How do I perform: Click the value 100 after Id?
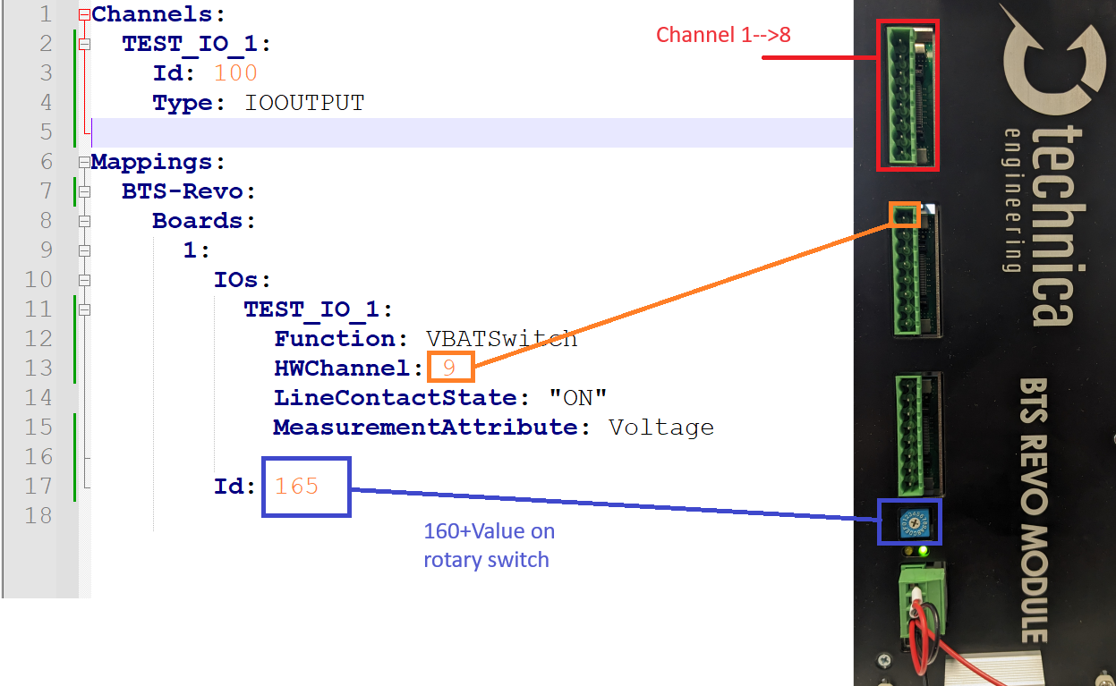235,73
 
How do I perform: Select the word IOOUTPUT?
304,103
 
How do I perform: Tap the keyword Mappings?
152,162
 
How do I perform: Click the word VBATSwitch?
501,339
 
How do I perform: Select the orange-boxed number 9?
449,368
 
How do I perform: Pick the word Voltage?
660,427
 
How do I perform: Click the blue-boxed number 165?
296,486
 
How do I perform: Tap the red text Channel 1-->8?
723,35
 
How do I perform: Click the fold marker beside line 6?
84,162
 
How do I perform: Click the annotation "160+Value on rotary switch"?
489,545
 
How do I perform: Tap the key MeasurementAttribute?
425,427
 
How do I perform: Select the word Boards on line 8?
197,221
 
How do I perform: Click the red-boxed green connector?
907,96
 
